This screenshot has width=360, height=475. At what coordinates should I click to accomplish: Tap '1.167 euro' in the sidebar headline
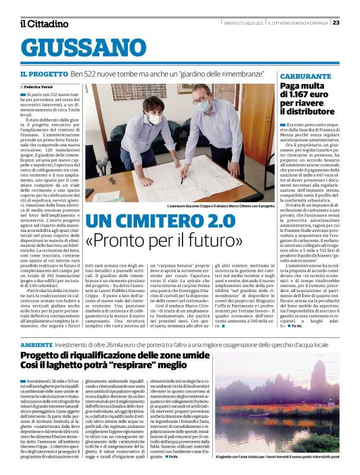pyautogui.click(x=318, y=95)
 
